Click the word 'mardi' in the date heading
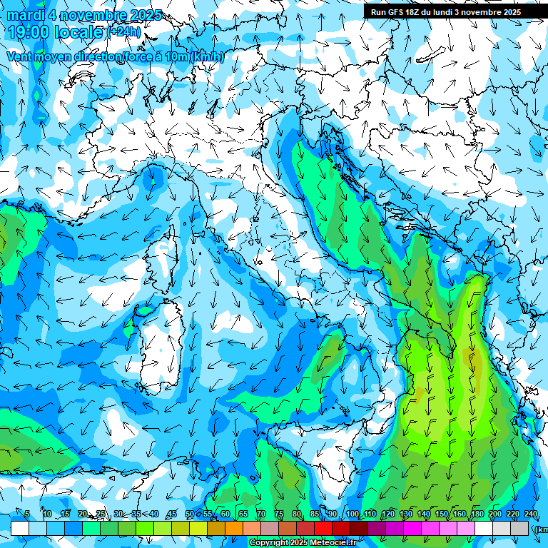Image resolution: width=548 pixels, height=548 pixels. pyautogui.click(x=26, y=15)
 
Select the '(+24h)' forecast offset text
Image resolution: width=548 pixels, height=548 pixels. pyautogui.click(x=124, y=32)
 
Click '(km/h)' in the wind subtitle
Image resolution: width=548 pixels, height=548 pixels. pyautogui.click(x=207, y=56)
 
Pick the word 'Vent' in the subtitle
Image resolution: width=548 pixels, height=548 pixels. pyautogui.click(x=19, y=56)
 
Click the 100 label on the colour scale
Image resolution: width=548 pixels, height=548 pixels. pyautogui.click(x=352, y=514)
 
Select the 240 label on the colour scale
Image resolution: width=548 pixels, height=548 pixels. pyautogui.click(x=531, y=514)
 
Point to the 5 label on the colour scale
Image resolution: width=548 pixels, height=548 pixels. pyautogui.click(x=26, y=514)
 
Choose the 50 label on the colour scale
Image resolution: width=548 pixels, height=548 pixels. pyautogui.click(x=189, y=514)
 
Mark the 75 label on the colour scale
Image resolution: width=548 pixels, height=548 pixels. pyautogui.click(x=279, y=514)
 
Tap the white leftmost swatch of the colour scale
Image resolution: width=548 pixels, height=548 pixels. pyautogui.click(x=20, y=528)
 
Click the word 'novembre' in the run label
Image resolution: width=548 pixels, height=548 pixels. pyautogui.click(x=483, y=12)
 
